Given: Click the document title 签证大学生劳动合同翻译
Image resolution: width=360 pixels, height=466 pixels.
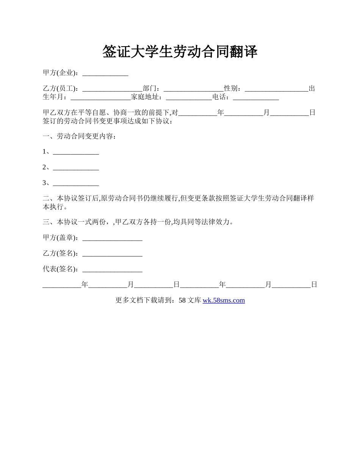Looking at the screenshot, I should coord(180,52).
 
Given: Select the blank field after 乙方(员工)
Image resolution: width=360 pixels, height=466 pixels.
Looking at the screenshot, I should coord(112,89).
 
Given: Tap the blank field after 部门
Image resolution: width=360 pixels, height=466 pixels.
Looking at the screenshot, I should coord(194,89).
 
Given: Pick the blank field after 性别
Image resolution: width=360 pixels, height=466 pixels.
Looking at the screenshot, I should coord(277,89).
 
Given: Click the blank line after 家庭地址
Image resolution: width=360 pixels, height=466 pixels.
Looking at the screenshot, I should coord(189,97).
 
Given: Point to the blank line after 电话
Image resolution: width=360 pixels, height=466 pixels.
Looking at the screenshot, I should coord(256,97).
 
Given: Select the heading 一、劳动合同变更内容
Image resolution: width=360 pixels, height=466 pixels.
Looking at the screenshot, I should coord(80,136).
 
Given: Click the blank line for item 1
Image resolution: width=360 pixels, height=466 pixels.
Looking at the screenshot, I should coord(76,152).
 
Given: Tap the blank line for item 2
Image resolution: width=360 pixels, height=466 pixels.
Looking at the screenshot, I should coord(76,168).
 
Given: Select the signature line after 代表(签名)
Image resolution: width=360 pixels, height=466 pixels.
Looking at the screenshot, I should coord(112,269).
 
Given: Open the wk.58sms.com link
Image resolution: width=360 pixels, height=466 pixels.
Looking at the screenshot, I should coord(224,300).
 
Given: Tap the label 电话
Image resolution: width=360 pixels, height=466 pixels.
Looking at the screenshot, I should coord(221,97).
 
